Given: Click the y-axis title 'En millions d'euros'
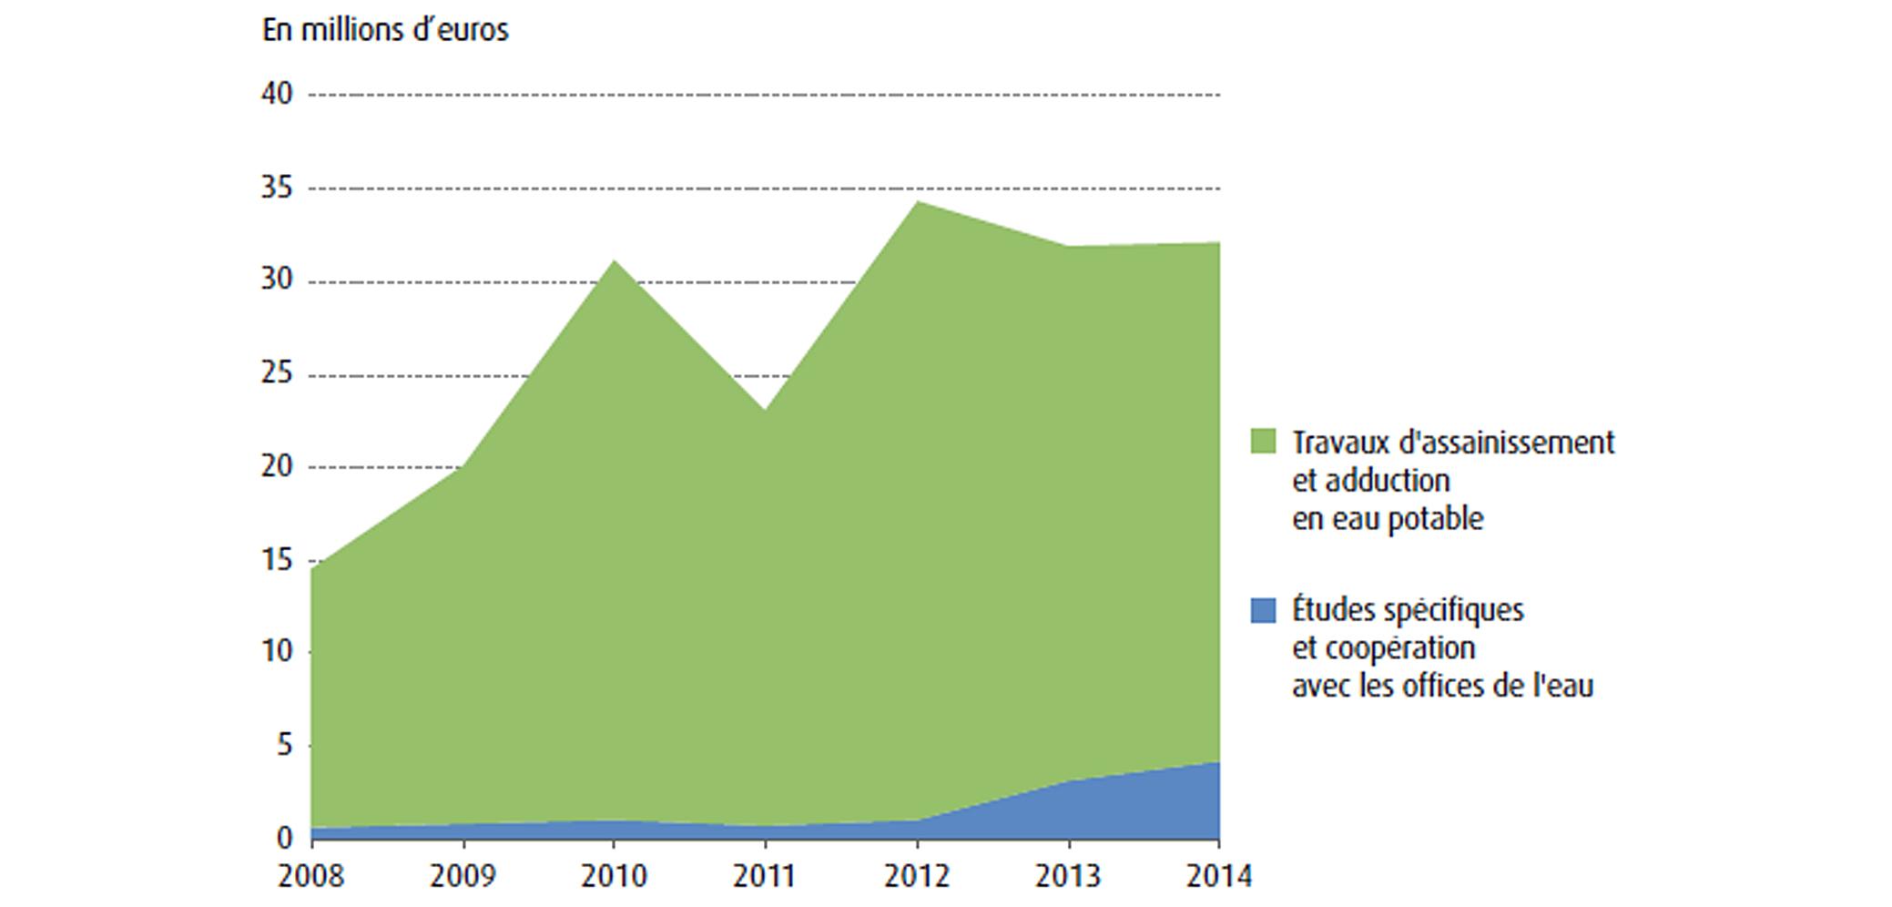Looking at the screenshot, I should click(x=385, y=30).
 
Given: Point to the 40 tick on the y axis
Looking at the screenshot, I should click(x=278, y=94).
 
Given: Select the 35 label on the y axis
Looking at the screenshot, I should click(x=278, y=189).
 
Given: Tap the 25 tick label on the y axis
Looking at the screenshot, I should click(x=278, y=374).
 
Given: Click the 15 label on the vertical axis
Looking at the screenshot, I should click(x=278, y=560).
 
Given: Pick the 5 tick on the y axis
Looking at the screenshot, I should click(x=285, y=746).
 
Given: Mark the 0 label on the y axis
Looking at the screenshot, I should click(x=285, y=838).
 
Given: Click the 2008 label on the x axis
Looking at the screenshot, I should click(x=311, y=876).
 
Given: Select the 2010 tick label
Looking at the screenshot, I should click(x=614, y=876).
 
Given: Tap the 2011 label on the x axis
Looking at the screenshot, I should click(x=765, y=876).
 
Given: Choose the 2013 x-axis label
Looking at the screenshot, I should click(x=1068, y=876).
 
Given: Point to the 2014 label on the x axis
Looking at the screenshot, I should click(x=1219, y=876).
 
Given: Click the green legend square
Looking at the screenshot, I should click(x=1263, y=442).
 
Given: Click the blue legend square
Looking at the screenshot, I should click(x=1263, y=610).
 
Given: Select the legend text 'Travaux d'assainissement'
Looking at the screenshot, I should click(x=1453, y=443).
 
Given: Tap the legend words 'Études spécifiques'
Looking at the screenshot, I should click(x=1408, y=609).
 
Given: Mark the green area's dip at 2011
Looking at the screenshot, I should click(x=765, y=410).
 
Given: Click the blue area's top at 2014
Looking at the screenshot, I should click(x=1217, y=763).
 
